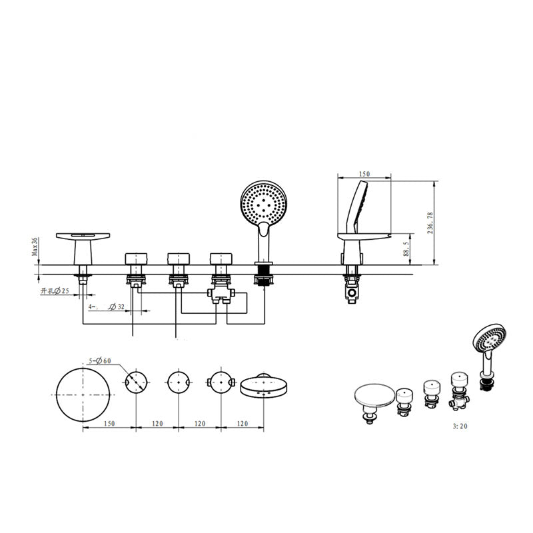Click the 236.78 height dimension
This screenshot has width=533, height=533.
click(x=430, y=223)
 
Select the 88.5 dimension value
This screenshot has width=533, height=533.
click(x=406, y=249)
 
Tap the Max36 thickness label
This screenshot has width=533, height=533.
click(x=35, y=247)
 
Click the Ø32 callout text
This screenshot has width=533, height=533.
click(x=117, y=307)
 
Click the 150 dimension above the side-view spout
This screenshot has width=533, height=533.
click(x=364, y=174)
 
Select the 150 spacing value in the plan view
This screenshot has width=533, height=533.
click(x=109, y=424)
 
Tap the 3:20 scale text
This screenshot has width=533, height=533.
click(x=460, y=426)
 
